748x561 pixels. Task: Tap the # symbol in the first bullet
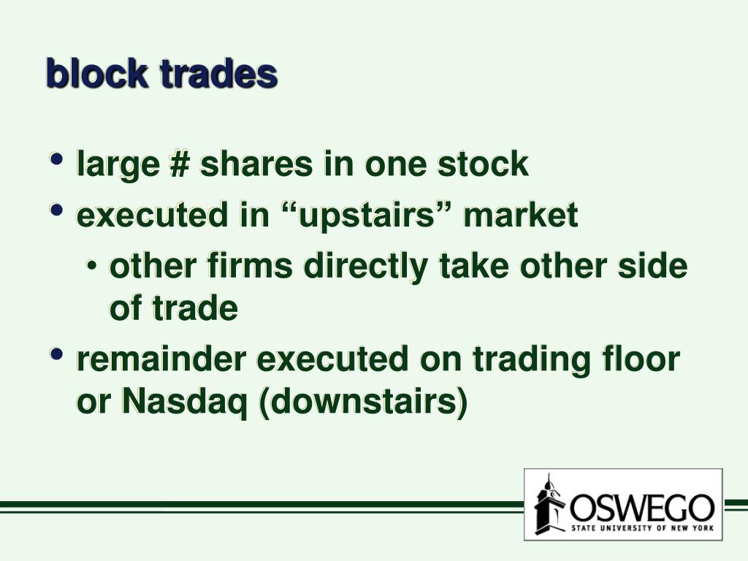178,164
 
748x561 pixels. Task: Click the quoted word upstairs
358,215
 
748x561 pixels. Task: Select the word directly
365,268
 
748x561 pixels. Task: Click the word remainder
162,359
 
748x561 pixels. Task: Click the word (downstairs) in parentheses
363,402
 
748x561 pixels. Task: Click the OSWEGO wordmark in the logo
642,505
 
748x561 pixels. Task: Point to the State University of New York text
642,527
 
